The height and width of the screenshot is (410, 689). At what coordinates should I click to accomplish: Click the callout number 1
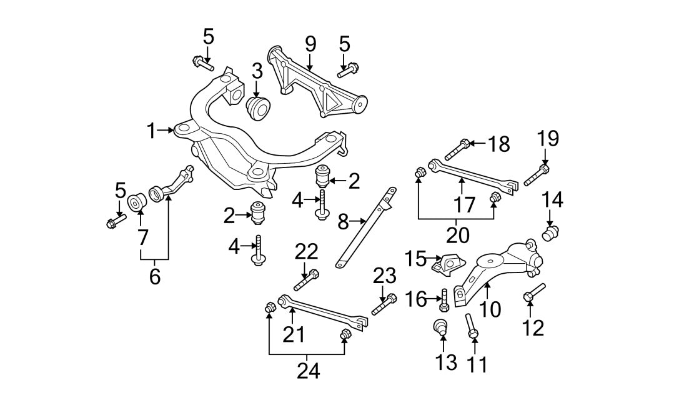[x=151, y=131]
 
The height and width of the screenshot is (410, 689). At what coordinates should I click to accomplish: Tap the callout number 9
[x=310, y=44]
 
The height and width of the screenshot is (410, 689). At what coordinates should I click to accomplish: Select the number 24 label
[x=308, y=371]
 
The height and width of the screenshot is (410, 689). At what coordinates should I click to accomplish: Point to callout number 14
[x=552, y=200]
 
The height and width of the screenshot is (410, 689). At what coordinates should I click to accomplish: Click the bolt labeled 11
[x=472, y=327]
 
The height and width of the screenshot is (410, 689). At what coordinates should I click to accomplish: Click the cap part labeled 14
[x=550, y=234]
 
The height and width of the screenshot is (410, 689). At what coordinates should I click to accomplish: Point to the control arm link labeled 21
[x=322, y=312]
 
